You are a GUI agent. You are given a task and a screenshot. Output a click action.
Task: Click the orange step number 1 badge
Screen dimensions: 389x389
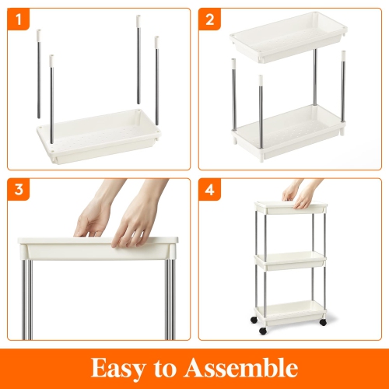[18, 18]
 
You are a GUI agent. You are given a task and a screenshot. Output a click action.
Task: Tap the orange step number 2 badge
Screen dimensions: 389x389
[209, 18]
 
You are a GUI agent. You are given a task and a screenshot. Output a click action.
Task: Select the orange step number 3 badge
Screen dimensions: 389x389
[18, 190]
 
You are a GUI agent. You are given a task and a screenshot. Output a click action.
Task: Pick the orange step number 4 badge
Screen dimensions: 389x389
[209, 190]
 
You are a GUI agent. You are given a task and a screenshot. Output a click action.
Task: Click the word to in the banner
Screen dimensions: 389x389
[177, 367]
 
